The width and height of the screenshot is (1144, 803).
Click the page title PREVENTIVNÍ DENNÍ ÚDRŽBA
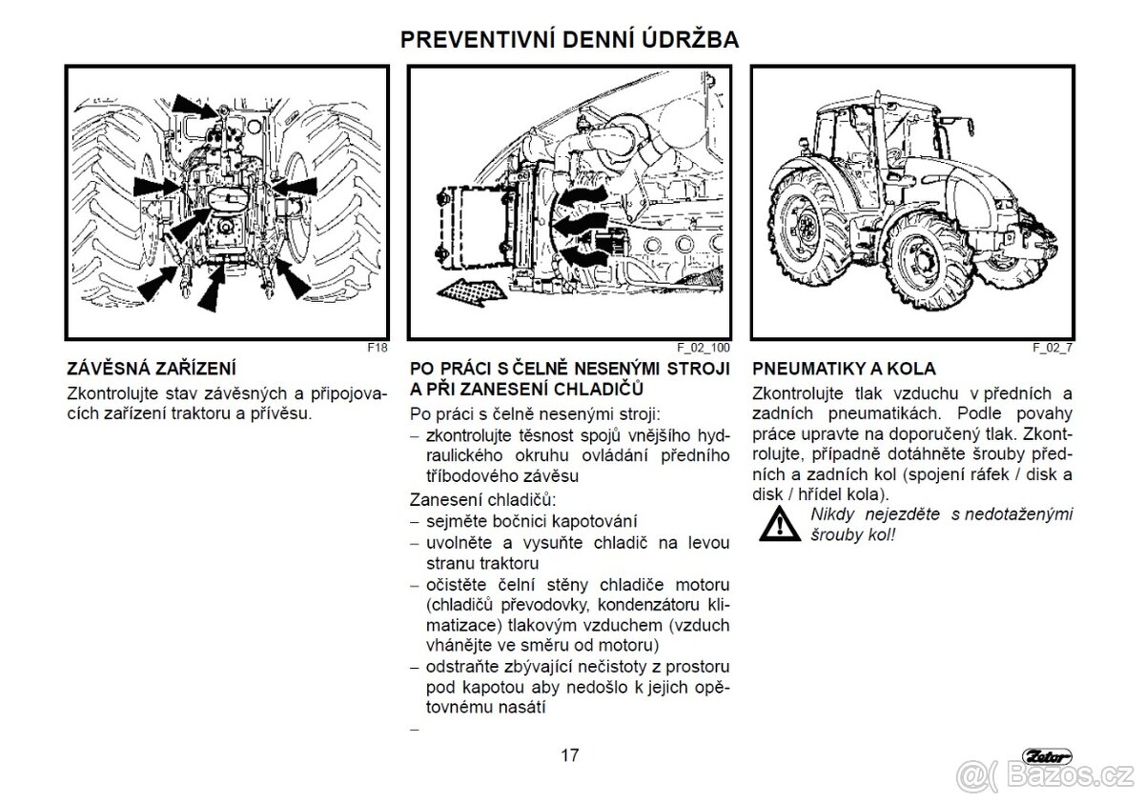pos(569,39)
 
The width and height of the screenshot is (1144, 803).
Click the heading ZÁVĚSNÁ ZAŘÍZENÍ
pos(152,369)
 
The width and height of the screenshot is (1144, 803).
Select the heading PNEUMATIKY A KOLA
pos(844,369)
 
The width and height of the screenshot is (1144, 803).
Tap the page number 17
pos(569,755)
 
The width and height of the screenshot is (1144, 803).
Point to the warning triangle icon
pos(780,523)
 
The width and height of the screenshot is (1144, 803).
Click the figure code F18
pos(378,349)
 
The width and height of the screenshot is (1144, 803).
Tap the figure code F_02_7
pos(1052,349)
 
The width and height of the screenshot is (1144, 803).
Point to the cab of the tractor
pos(863,133)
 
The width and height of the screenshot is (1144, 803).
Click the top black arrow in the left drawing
pos(193,102)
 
